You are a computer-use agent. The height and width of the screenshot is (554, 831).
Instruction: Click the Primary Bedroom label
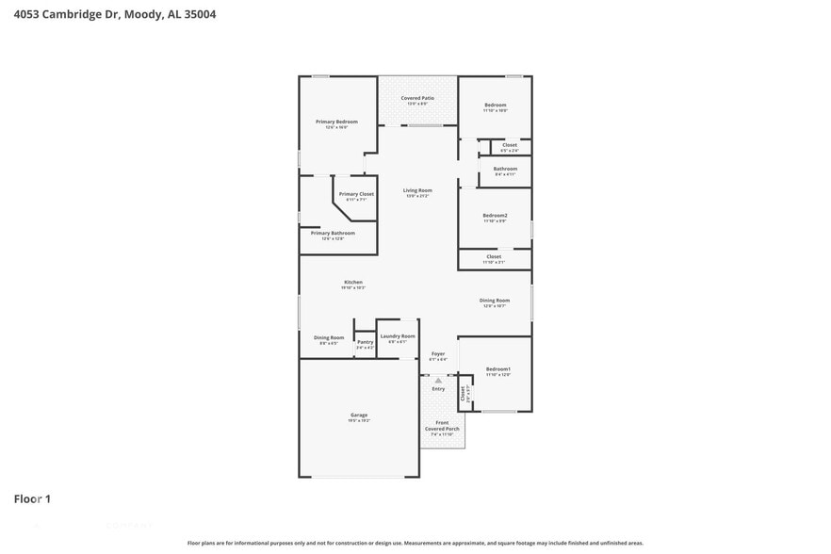(x=336, y=122)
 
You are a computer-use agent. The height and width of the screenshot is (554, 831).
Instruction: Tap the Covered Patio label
(x=416, y=98)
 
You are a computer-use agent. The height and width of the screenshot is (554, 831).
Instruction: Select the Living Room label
(x=417, y=190)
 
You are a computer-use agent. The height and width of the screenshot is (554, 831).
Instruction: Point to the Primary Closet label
(x=356, y=194)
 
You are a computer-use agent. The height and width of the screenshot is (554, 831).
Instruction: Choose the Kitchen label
(x=352, y=283)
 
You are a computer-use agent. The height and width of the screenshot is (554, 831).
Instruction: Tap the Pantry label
(x=365, y=342)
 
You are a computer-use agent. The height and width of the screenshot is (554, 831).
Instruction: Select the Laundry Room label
(x=397, y=336)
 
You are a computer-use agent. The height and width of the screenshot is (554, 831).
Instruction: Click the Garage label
(x=359, y=415)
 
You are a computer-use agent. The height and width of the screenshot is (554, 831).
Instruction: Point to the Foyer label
(x=438, y=354)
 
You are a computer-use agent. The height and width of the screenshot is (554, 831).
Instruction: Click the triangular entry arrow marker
(x=438, y=380)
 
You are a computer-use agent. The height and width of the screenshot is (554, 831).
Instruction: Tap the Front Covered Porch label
(x=442, y=426)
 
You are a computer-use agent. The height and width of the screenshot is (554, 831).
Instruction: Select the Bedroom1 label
(x=497, y=368)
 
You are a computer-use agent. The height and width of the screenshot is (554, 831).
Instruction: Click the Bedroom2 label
(x=496, y=216)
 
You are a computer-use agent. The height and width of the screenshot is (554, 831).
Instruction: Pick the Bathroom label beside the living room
(x=505, y=169)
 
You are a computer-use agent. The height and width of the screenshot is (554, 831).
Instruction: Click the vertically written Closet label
(x=463, y=393)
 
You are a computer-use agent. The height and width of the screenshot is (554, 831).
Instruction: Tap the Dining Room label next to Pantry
(x=329, y=337)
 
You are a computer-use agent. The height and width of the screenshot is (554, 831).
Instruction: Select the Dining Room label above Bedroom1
(x=495, y=301)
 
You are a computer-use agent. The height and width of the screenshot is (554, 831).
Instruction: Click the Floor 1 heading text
(x=32, y=498)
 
